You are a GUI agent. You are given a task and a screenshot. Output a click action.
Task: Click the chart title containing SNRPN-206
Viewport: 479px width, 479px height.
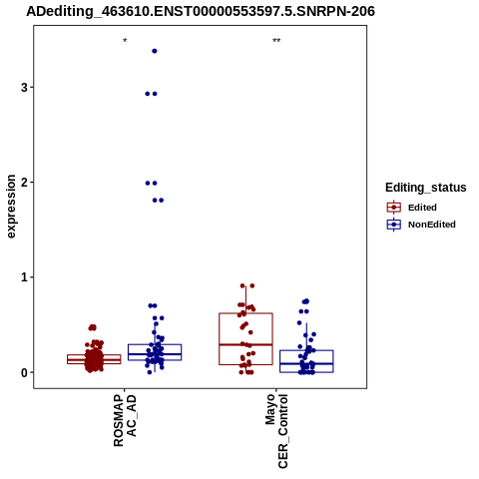point(201,12)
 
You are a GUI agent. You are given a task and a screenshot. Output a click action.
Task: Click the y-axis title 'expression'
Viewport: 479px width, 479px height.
point(11,207)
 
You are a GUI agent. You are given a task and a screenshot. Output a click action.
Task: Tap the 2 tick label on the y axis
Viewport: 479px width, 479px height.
point(24,183)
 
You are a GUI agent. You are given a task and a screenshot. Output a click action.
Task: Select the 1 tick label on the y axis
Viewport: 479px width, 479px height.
point(24,277)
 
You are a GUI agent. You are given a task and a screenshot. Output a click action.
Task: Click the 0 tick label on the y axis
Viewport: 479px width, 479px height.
point(24,372)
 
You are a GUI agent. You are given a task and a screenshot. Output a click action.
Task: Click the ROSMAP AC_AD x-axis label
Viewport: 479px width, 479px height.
point(125,420)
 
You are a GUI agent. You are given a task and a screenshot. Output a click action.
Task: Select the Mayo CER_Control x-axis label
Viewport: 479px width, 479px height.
point(276,431)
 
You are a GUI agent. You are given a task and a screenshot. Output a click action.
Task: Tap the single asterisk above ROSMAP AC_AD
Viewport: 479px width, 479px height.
point(125,41)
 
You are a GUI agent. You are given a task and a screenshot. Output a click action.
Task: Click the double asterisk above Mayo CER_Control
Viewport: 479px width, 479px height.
point(276,41)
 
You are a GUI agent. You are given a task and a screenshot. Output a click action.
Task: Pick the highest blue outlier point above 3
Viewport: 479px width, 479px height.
point(155,51)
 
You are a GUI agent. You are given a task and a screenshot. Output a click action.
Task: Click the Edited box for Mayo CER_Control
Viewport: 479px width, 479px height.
point(245,313)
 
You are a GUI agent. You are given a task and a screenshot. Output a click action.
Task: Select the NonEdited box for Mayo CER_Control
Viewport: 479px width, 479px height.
point(306,350)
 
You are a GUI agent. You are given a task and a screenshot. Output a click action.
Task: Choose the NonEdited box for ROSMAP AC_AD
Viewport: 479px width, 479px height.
point(155,344)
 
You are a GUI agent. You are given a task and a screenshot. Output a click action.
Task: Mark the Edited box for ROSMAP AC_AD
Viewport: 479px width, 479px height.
point(94,355)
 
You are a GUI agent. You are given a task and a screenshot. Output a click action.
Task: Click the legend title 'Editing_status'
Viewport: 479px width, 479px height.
point(426,188)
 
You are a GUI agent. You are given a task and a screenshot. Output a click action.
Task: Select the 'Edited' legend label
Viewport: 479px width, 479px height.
point(422,208)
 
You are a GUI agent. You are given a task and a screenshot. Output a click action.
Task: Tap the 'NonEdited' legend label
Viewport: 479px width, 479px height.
point(432,225)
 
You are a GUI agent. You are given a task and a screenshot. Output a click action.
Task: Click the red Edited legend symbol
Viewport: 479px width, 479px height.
point(394,208)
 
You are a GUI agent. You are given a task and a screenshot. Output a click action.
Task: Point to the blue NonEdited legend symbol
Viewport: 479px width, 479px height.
point(394,225)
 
